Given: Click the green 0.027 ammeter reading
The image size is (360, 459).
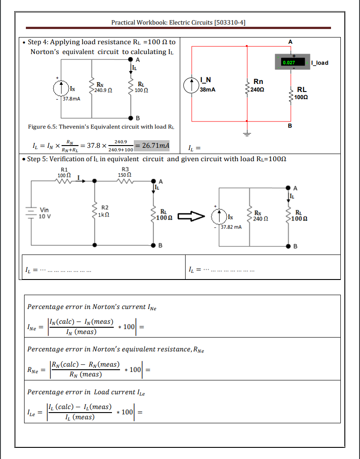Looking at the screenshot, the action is coord(289,63).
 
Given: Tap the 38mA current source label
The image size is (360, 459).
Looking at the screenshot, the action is coord(207,90).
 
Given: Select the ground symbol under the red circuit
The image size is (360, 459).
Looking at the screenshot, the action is coord(247,134).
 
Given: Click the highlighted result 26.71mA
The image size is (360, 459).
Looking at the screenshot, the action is coord(152,146).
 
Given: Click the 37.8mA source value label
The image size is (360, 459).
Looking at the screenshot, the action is coord(71,99).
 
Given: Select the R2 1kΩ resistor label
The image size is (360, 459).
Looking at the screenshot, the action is coord(104,211).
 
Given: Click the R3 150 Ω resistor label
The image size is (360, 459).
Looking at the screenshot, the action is coord(125,172).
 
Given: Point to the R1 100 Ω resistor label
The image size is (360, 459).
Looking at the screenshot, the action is coord(64,172).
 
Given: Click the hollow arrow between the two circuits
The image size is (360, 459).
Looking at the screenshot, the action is coord(191,216).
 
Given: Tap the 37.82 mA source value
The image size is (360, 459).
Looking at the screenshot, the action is coord(231,227).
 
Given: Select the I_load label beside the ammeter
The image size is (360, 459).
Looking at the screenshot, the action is coord(320,63).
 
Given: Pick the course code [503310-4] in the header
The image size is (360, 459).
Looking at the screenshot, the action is coord(230,22).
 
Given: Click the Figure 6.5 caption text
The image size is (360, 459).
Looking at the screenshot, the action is coord(101,127).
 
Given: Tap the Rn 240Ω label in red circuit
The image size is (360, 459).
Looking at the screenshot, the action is coord(257,85).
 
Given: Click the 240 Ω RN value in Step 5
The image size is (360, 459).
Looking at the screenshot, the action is coord(261,219).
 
